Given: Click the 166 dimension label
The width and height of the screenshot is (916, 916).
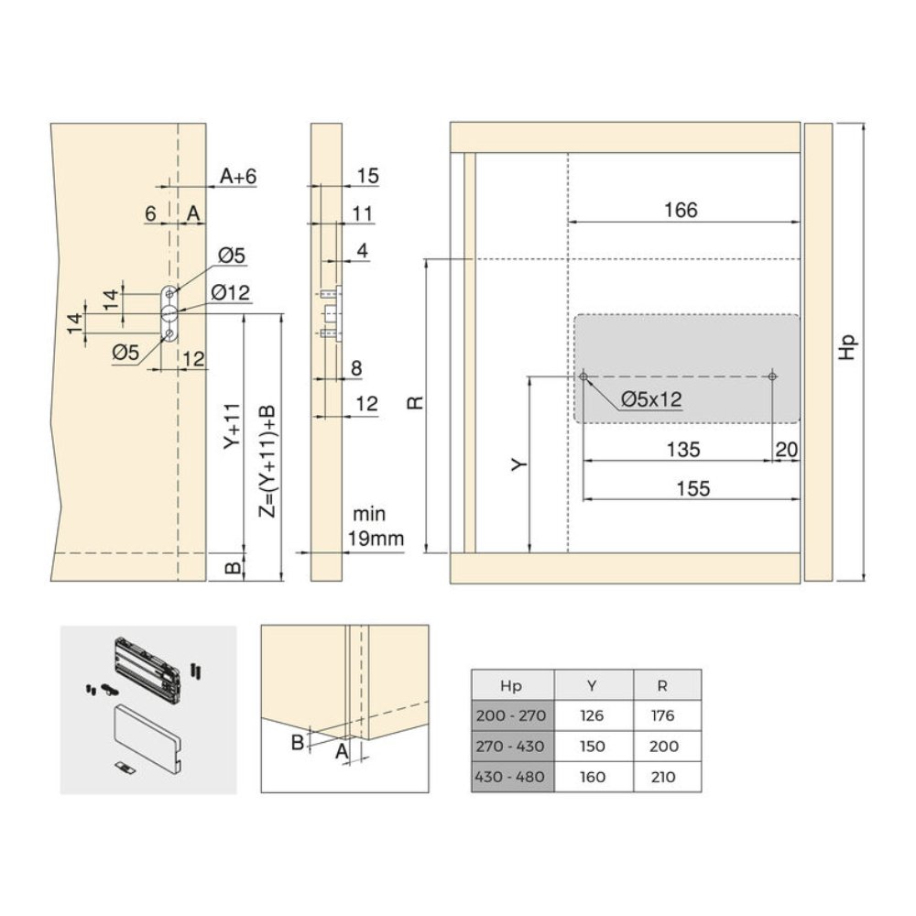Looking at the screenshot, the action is (681, 211).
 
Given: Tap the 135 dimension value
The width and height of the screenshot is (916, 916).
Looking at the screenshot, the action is (683, 449).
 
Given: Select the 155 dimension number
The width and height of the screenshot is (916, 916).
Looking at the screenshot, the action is (692, 488).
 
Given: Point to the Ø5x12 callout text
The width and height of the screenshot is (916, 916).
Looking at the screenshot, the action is (651, 399).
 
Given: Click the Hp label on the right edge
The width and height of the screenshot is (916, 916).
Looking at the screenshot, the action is (847, 347).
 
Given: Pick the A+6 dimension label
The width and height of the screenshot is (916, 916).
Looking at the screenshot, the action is (238, 176).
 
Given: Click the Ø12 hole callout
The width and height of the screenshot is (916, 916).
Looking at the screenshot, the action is (230, 292).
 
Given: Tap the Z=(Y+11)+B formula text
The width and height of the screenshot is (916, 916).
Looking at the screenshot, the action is (267, 461).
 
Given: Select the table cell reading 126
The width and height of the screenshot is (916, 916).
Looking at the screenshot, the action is (592, 715).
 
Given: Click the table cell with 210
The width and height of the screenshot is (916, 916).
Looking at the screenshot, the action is (662, 777).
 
